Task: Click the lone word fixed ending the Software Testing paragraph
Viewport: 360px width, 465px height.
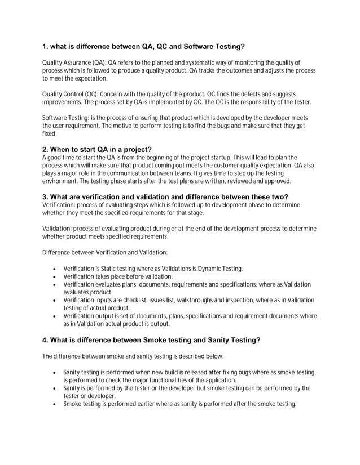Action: pyautogui.click(x=49, y=134)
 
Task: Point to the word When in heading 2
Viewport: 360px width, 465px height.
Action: pyautogui.click(x=63, y=149)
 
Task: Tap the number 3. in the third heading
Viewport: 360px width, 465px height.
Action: pyautogui.click(x=46, y=196)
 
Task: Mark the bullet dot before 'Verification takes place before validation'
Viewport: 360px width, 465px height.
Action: pyautogui.click(x=53, y=277)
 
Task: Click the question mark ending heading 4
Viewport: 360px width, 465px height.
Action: pyautogui.click(x=258, y=340)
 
